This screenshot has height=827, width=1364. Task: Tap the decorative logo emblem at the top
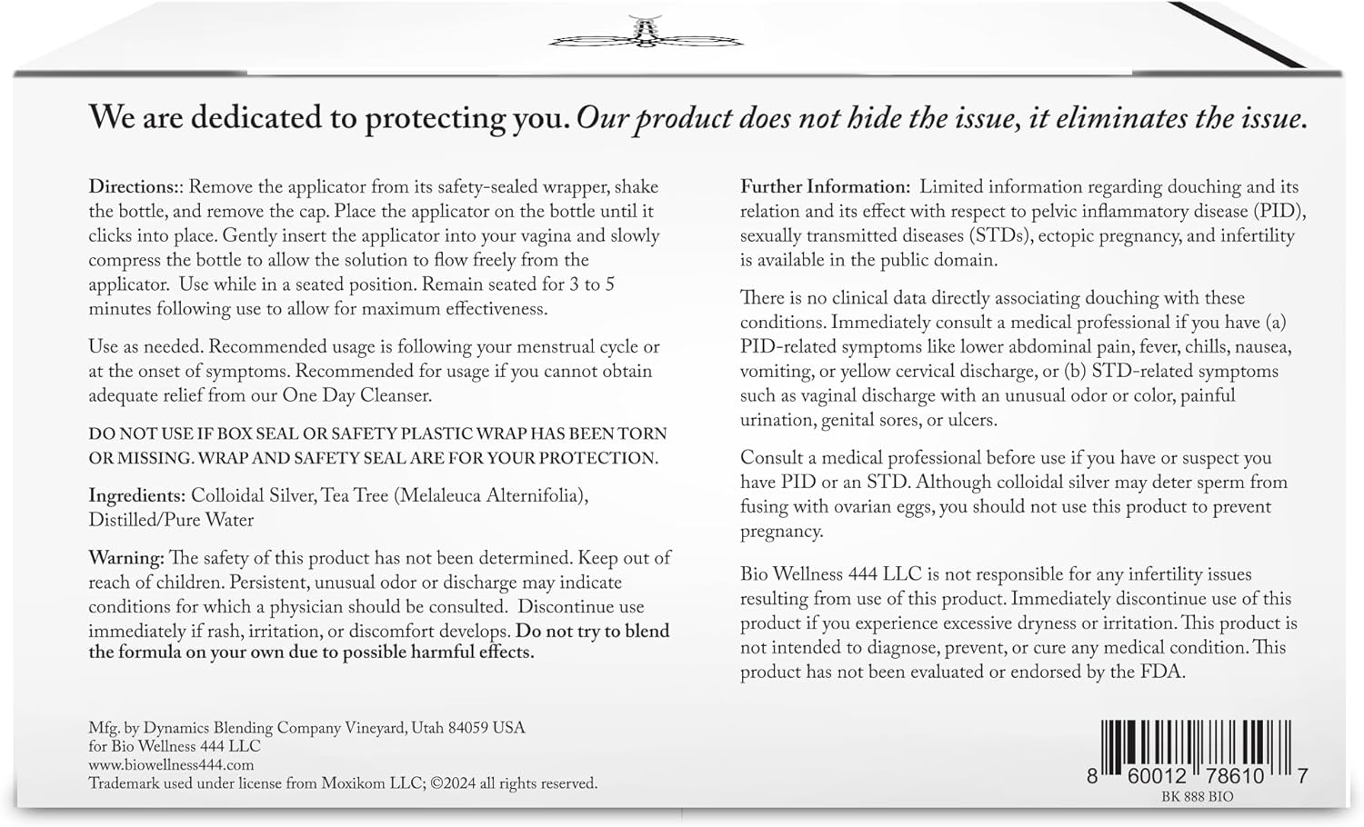point(646,34)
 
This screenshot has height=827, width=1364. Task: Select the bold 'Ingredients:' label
point(136,496)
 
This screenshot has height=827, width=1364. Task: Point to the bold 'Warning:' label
point(126,558)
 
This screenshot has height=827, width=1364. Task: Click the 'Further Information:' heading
point(825,187)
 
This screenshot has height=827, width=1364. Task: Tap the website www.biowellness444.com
point(171,765)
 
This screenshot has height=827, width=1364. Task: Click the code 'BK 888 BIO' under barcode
point(1198,797)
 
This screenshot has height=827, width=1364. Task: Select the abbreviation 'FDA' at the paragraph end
point(1163,673)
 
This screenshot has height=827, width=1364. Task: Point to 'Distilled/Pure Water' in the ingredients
point(171,521)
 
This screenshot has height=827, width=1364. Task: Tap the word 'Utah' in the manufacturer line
point(427,728)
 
